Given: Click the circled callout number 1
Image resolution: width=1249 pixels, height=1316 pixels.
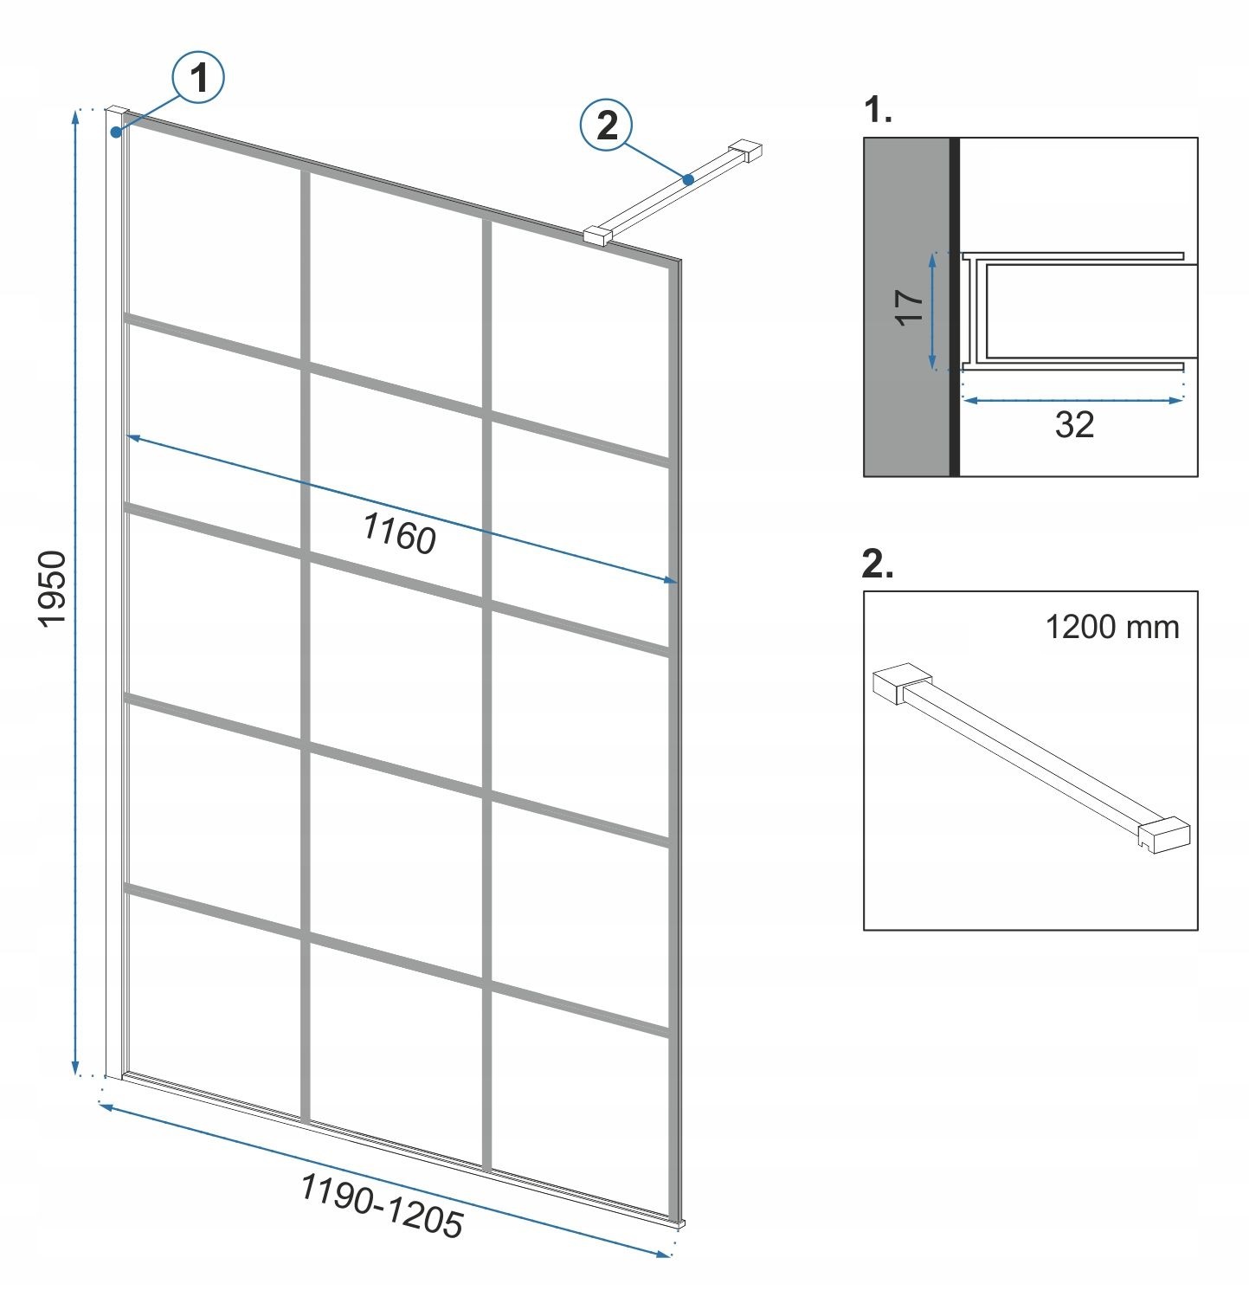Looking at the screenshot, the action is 200,79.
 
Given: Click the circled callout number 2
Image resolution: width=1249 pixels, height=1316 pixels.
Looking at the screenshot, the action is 608,126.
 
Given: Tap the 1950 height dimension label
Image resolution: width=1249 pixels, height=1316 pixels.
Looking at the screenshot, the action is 53,589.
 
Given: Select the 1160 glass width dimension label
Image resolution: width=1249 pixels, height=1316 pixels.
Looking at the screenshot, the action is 399,532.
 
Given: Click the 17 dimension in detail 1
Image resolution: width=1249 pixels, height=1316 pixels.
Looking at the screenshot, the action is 910,307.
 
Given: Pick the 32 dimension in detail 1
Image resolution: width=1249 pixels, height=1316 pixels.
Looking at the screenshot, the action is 1074,424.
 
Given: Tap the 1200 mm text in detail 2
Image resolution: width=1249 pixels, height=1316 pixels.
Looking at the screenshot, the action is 1112,626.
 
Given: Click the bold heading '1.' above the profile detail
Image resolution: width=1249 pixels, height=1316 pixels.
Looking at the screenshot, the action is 878,111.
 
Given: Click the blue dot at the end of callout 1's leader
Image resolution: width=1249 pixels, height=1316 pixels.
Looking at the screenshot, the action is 116,132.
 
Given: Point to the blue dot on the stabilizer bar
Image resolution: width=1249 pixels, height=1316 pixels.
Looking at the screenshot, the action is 688,180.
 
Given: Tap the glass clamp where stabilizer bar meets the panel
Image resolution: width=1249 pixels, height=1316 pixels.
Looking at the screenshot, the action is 598,235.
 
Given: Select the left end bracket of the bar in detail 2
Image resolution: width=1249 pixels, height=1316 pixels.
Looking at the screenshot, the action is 900,684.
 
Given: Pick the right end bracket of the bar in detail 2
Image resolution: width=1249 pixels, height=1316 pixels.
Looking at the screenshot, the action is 1163,834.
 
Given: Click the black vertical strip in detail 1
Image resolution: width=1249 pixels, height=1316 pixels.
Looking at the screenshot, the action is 955,306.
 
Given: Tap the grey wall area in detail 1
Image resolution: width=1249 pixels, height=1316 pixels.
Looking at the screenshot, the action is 907,306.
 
